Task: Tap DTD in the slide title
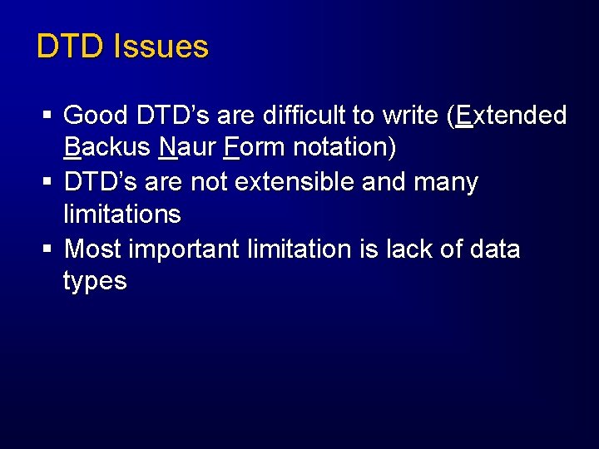click(x=72, y=47)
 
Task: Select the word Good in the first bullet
click(x=95, y=115)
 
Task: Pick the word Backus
click(x=106, y=147)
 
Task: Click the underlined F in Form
click(x=230, y=147)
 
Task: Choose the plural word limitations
click(x=121, y=215)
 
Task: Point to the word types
click(x=95, y=282)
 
